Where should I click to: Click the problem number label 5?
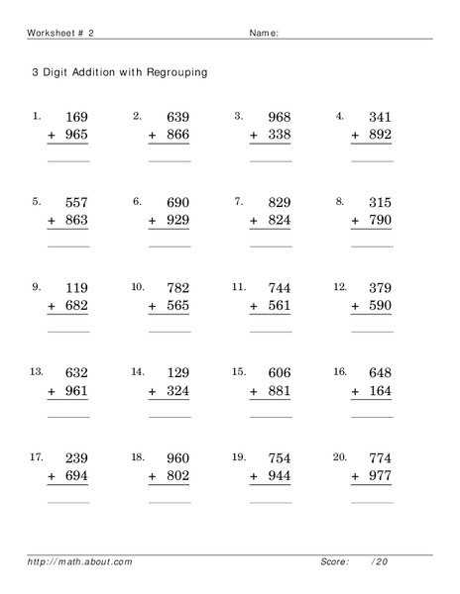(37, 201)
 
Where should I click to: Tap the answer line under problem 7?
(270, 246)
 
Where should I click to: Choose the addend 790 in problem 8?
(380, 221)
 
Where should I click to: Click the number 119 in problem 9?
(75, 289)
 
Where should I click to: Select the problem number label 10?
(138, 287)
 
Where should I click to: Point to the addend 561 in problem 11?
(279, 307)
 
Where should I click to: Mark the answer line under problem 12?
(372, 332)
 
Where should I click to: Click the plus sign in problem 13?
(52, 392)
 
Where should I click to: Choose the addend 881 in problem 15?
(279, 392)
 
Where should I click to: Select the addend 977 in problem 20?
(380, 477)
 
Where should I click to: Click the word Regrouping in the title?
(173, 73)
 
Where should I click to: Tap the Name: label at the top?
(263, 33)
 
